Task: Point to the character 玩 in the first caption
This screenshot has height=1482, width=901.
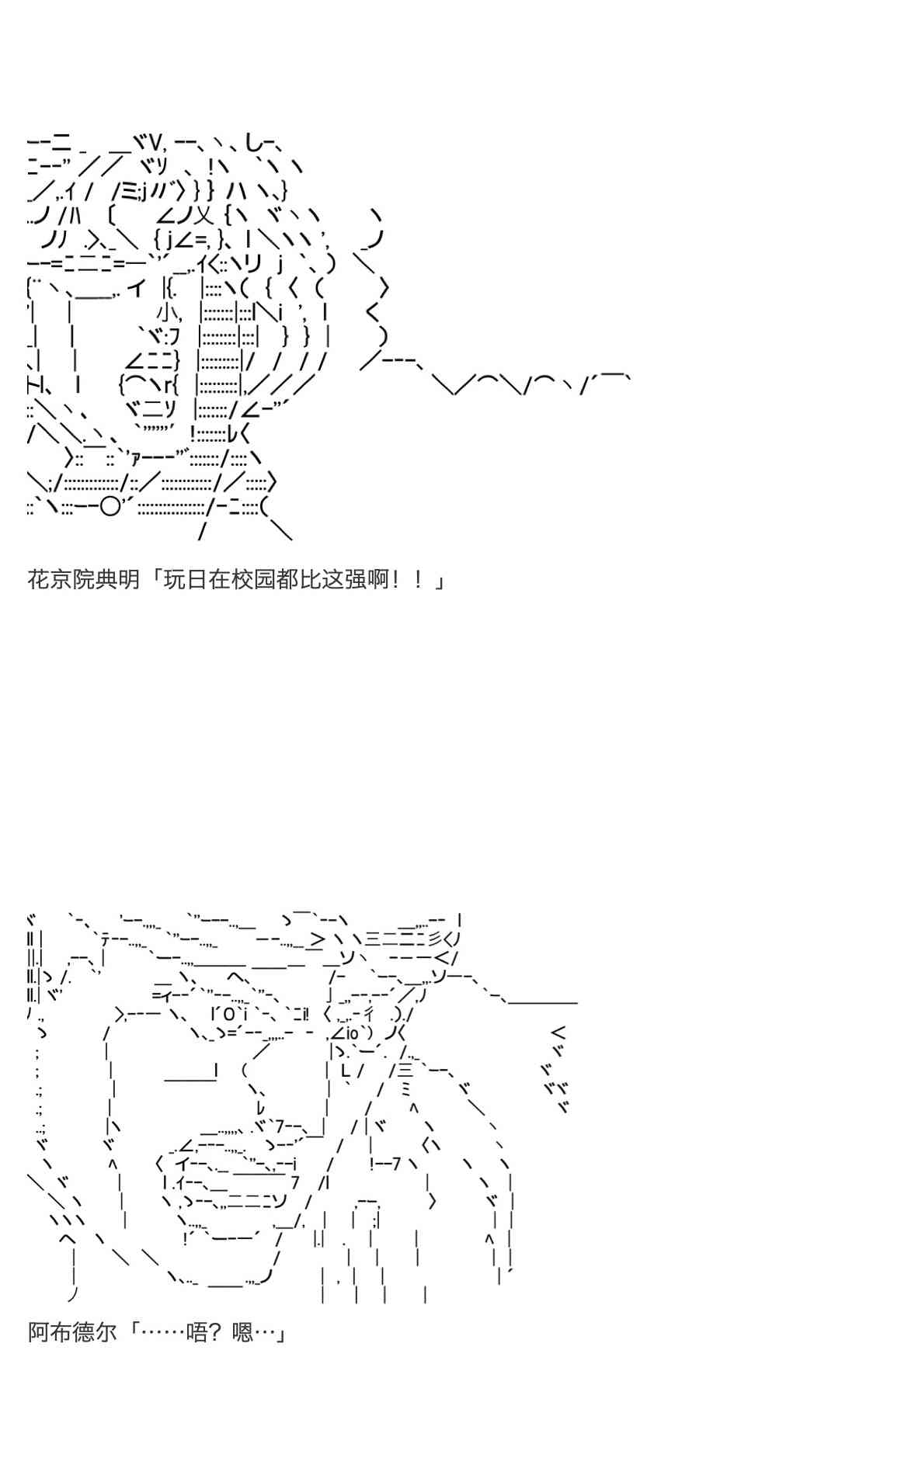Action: (x=175, y=579)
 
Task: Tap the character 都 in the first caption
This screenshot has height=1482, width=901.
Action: (x=287, y=579)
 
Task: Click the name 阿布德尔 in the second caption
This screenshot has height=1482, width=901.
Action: (x=72, y=1332)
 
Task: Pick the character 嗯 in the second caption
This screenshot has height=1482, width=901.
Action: (x=242, y=1332)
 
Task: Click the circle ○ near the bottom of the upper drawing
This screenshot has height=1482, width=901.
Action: (x=110, y=507)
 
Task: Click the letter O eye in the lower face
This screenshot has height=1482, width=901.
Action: (x=228, y=1014)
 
